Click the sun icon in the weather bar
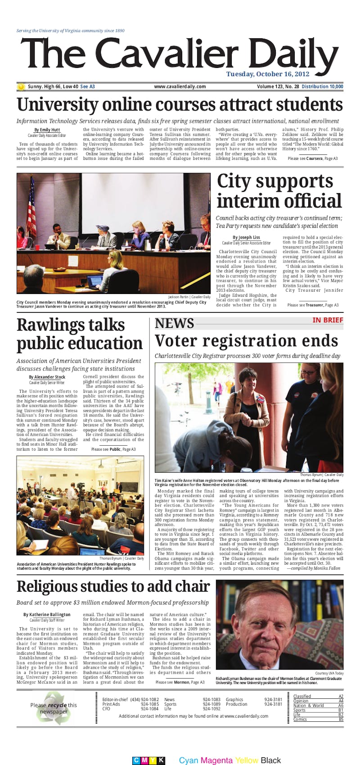[x=21, y=86]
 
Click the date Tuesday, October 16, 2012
[x=268, y=74]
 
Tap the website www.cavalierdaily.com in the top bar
[x=180, y=86]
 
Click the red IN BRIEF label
[x=328, y=320]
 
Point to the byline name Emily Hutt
[x=49, y=130]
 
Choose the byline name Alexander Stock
[x=49, y=377]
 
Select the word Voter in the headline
[x=176, y=341]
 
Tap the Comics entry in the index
[x=300, y=720]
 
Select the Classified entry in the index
[x=302, y=697]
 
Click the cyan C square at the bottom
[x=136, y=760]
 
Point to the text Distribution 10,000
[x=322, y=86]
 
